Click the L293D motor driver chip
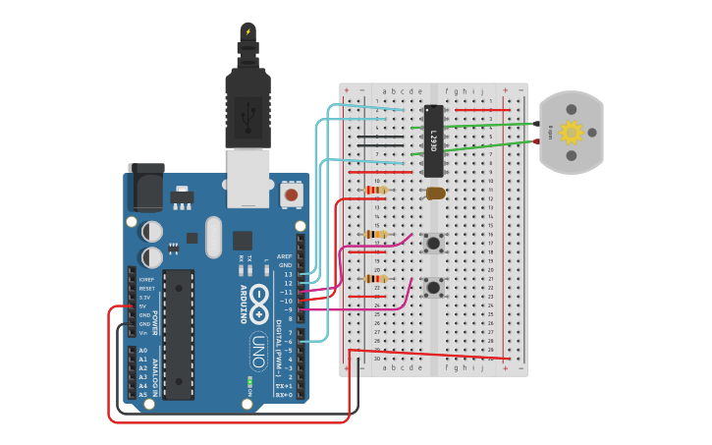click(433, 140)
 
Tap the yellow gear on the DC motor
click(571, 132)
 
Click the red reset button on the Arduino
click(291, 195)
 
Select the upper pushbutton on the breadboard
click(432, 242)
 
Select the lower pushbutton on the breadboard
click(432, 287)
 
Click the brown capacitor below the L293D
click(435, 194)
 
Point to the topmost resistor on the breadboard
click(375, 190)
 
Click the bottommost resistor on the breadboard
click(375, 279)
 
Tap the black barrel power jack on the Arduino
click(146, 189)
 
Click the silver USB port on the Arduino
click(247, 177)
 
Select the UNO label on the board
click(257, 350)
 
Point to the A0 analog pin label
click(143, 351)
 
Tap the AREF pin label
click(285, 256)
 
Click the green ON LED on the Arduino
click(250, 380)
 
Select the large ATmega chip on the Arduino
click(178, 334)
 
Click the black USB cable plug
click(247, 93)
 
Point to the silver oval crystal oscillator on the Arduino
click(213, 237)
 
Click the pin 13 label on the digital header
click(288, 274)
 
